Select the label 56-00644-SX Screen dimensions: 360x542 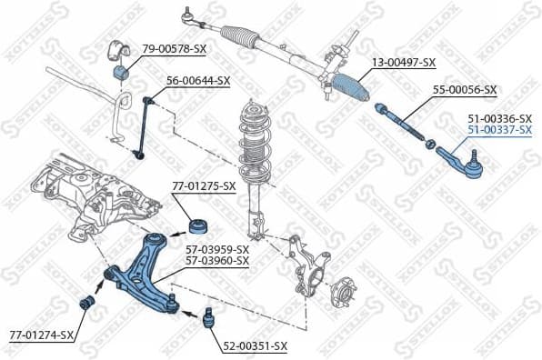[x=197, y=80]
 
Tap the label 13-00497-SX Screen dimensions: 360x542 [x=404, y=62]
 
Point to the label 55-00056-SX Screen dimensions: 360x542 [x=464, y=89]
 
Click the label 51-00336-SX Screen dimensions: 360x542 [x=499, y=118]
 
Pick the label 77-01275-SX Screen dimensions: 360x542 [x=204, y=185]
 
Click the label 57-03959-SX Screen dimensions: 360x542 [x=217, y=249]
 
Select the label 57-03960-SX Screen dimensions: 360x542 [x=217, y=260]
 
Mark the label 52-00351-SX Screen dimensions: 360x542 [x=256, y=345]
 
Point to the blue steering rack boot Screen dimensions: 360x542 [x=354, y=87]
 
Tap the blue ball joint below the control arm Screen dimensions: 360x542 [x=207, y=319]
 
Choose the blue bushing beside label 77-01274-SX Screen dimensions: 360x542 [x=89, y=301]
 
